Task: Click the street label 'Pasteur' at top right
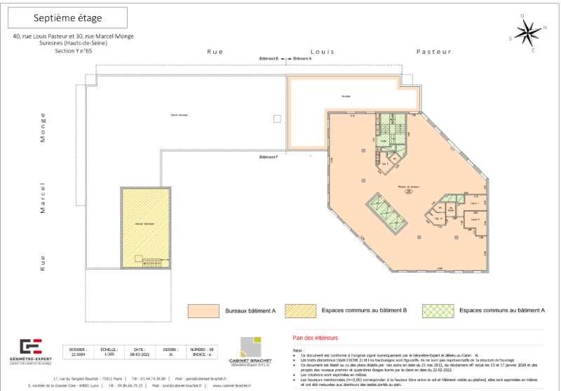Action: coord(433,52)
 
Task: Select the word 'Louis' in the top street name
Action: coord(323,52)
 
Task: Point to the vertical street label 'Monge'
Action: coord(43,128)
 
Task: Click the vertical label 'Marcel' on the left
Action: coord(43,198)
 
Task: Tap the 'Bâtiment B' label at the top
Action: coord(269,59)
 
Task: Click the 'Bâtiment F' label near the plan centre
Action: coord(269,156)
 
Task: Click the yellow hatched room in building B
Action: coord(145,222)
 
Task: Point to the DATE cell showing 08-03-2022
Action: coord(139,351)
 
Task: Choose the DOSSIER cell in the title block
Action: coord(78,351)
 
